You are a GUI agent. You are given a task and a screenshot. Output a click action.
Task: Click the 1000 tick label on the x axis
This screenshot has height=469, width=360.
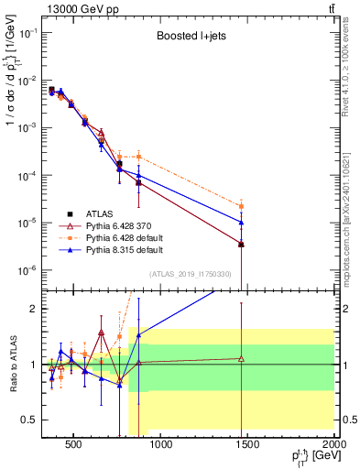pyautogui.click(x=160, y=445)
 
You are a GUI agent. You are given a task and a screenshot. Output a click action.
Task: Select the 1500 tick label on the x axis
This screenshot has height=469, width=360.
pyautogui.click(x=246, y=445)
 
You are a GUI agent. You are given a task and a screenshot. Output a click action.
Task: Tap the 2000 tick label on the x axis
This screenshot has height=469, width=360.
pyautogui.click(x=333, y=445)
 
